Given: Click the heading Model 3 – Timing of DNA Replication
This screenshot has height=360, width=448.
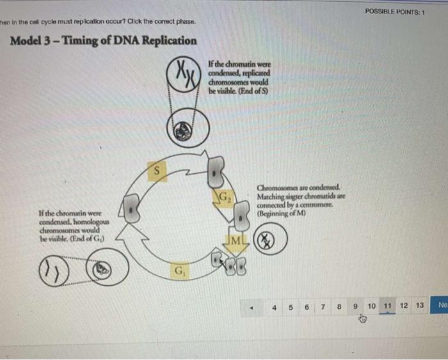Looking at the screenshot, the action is (104, 41).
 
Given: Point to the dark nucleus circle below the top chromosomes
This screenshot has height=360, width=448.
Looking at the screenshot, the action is (186, 128).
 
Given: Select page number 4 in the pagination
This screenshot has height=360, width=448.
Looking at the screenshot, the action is (274, 306).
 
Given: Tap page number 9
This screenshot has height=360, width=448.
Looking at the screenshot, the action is (355, 306).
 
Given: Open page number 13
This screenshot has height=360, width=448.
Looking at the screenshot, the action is (420, 306).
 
